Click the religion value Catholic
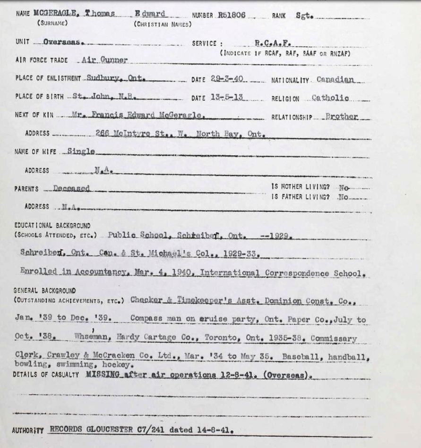tap(331, 98)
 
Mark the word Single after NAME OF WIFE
tap(81, 152)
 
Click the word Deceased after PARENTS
tap(71, 188)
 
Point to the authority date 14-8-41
tap(217, 431)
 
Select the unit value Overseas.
tap(64, 42)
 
